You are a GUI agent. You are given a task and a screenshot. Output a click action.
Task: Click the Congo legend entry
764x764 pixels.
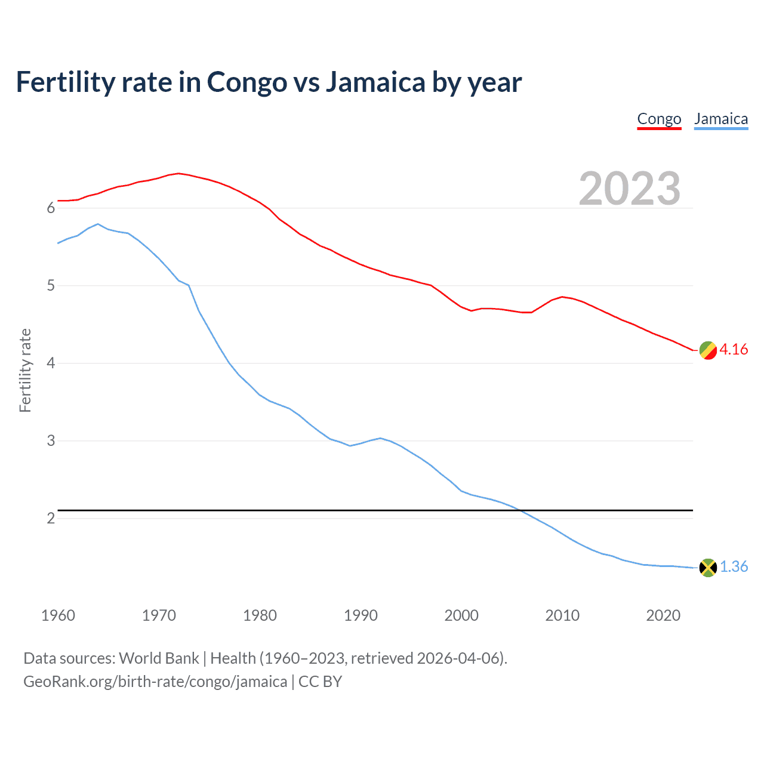tap(659, 119)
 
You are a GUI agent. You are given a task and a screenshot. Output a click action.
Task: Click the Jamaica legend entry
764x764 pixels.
tap(721, 119)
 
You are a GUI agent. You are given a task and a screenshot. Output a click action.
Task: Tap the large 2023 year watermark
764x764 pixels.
tap(630, 189)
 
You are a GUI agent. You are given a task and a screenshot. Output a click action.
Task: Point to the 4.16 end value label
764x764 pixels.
tap(734, 350)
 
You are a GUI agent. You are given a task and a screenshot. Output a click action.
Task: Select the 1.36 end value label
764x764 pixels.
tap(734, 567)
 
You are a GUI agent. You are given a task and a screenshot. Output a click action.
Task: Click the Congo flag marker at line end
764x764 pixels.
tap(708, 350)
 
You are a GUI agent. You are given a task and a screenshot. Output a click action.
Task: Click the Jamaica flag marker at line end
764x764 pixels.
tap(708, 568)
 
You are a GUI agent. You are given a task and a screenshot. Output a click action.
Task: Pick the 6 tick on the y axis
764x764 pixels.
tap(51, 208)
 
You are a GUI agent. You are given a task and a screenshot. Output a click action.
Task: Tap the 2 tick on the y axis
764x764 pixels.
tap(51, 519)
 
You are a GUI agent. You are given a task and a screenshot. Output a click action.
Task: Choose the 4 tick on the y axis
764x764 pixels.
tap(51, 363)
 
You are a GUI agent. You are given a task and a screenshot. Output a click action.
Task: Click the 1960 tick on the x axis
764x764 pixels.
tap(58, 615)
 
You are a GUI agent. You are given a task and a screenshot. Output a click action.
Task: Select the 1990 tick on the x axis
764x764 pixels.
tap(361, 615)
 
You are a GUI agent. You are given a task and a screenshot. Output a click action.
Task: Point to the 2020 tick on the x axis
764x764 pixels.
tap(663, 615)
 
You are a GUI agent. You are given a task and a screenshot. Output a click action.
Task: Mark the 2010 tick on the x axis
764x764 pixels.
tap(562, 615)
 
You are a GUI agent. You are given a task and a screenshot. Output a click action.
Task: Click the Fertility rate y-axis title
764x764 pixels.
tap(25, 370)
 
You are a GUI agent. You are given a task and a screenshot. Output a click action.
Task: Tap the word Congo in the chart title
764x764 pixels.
tap(247, 82)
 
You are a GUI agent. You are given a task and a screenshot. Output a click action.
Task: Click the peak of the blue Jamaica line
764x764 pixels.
tap(98, 224)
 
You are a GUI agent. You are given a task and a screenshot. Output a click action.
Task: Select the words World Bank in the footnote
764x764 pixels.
tap(159, 658)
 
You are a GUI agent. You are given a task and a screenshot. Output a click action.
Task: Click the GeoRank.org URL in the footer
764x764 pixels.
tap(155, 682)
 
